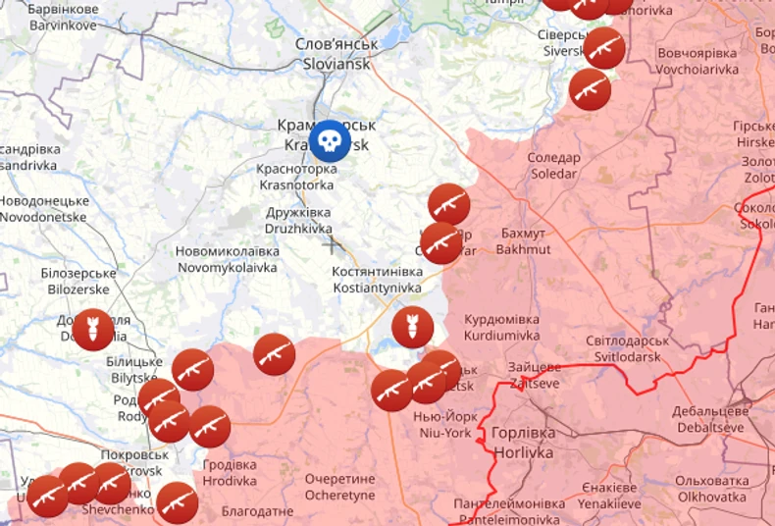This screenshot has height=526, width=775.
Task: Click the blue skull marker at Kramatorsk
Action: tap(331, 141)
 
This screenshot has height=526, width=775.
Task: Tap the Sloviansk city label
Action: tap(336, 54)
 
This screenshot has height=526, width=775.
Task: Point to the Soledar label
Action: tap(553, 166)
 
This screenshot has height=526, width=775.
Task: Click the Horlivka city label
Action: tap(522, 443)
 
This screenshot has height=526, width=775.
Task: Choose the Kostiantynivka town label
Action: tap(377, 280)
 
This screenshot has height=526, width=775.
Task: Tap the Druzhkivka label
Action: tap(298, 220)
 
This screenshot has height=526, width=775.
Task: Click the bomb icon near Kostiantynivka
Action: tap(412, 328)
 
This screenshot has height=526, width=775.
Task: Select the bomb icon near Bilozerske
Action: tap(93, 330)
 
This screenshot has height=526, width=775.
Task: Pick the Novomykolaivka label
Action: tap(227, 259)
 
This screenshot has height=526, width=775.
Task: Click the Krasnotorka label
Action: tap(294, 177)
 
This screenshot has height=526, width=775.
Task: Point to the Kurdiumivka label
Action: tap(501, 327)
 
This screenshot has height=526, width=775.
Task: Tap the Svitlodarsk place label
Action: tap(628, 348)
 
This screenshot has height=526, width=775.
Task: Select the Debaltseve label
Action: tap(710, 419)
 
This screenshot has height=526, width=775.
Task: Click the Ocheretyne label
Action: tap(339, 487)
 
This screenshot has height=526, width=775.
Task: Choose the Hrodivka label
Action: tap(230, 473)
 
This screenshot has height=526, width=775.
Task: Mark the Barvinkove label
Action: tap(62, 17)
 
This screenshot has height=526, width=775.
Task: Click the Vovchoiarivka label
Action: tap(697, 61)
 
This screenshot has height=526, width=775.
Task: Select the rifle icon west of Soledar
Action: tap(448, 204)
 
